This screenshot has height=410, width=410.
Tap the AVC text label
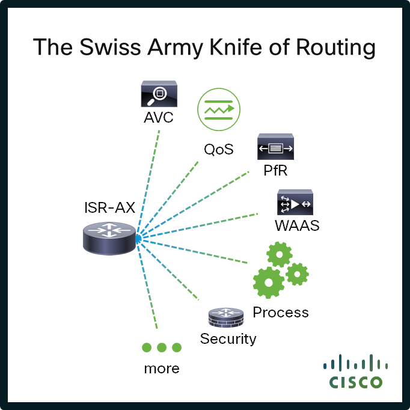(x=159, y=117)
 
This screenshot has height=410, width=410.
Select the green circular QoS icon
(x=219, y=110)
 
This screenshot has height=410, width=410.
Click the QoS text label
(x=218, y=149)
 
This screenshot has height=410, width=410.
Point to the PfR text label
(x=275, y=170)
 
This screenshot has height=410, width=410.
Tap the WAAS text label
(x=296, y=226)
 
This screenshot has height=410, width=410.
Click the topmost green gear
(x=280, y=255)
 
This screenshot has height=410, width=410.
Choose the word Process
(x=281, y=313)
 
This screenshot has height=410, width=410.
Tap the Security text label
(x=228, y=339)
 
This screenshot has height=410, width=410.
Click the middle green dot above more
(x=162, y=347)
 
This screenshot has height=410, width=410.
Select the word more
(x=162, y=368)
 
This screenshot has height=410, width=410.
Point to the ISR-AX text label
(x=109, y=209)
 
